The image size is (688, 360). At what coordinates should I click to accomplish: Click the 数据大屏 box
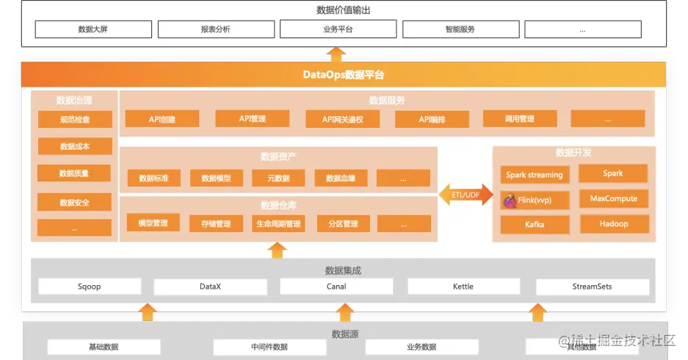[x=93, y=29]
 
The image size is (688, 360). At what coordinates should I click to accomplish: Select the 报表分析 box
[x=215, y=29]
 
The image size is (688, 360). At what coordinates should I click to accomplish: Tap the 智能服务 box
[x=460, y=29]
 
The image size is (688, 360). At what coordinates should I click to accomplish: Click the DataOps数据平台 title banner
[x=344, y=75]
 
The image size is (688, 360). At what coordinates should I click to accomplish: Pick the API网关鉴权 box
[x=342, y=119]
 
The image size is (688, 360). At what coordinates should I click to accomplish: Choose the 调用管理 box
[x=519, y=119]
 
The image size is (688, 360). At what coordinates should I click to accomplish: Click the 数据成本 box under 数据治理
[x=74, y=146]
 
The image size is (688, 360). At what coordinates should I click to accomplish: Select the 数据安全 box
[x=74, y=202]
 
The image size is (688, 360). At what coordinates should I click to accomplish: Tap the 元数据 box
[x=278, y=179]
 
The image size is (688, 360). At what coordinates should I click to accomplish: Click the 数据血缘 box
[x=340, y=179]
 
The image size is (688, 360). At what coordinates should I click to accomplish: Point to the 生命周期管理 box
[x=278, y=223]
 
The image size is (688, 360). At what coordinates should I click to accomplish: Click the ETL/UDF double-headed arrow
[x=466, y=194]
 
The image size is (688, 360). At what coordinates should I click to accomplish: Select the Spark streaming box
[x=534, y=175]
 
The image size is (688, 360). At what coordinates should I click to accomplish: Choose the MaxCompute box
[x=613, y=199]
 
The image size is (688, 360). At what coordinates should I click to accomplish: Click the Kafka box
[x=534, y=224]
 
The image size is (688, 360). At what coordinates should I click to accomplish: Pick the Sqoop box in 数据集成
[x=89, y=287]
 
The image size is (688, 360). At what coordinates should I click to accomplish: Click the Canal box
[x=336, y=287]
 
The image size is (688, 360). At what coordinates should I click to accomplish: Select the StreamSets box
[x=592, y=287]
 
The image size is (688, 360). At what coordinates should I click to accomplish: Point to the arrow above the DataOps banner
[x=336, y=54]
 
